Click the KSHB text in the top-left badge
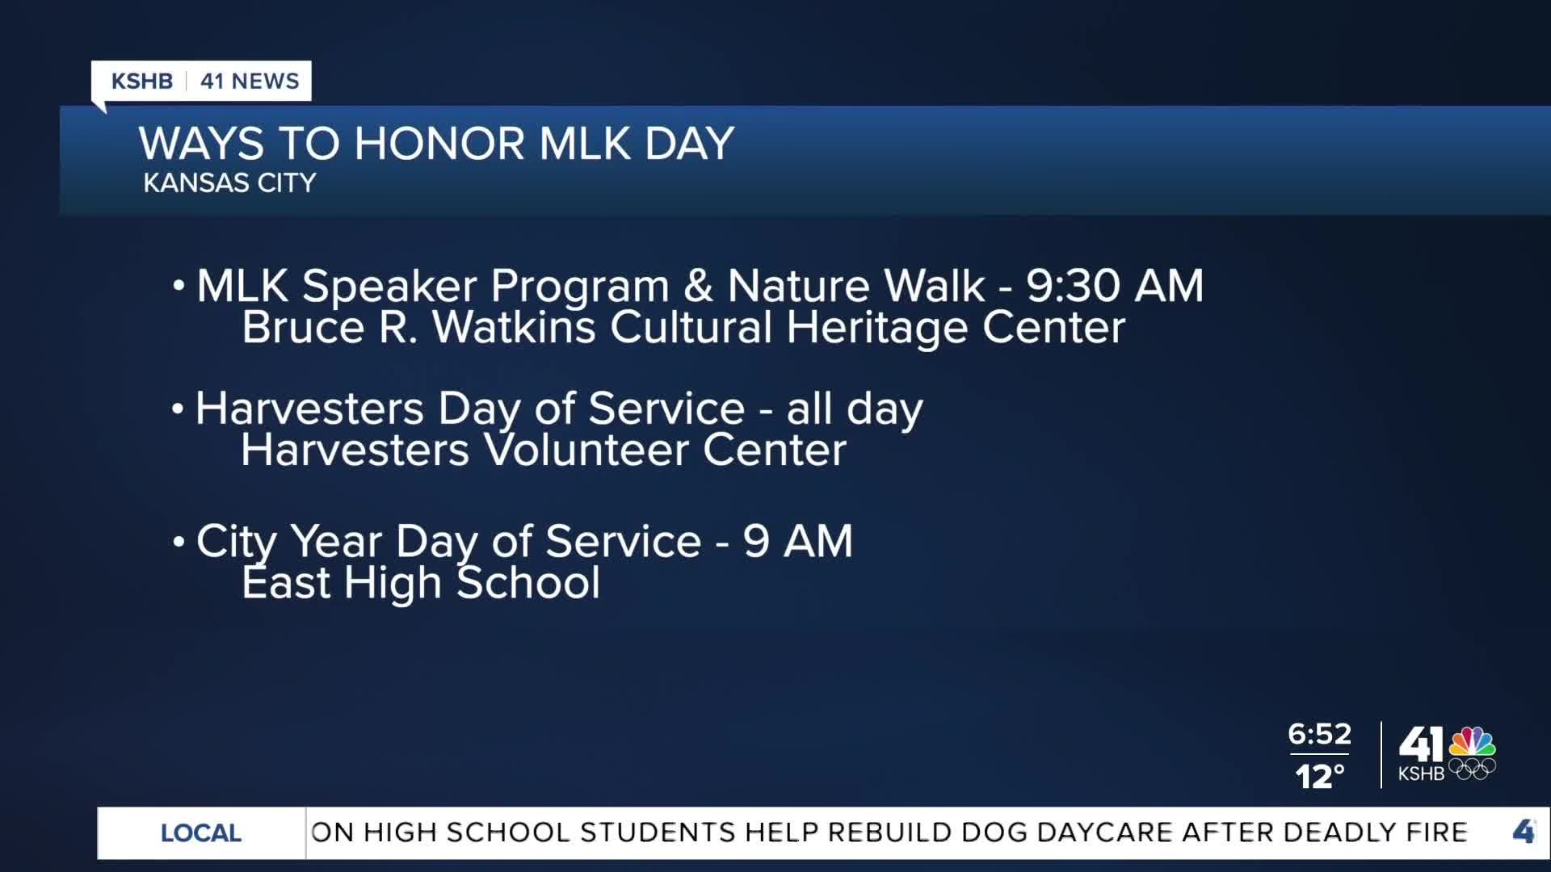142,81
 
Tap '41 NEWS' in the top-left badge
250,81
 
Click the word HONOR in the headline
439,144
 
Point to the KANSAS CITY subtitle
229,182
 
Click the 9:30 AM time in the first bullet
1115,286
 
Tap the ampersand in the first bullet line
698,286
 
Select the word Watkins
514,328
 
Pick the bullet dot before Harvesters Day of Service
178,409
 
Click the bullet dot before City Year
179,541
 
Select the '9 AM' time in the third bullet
798,541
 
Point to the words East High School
421,583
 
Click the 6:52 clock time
1319,734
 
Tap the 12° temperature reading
1320,777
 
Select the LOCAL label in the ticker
201,833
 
